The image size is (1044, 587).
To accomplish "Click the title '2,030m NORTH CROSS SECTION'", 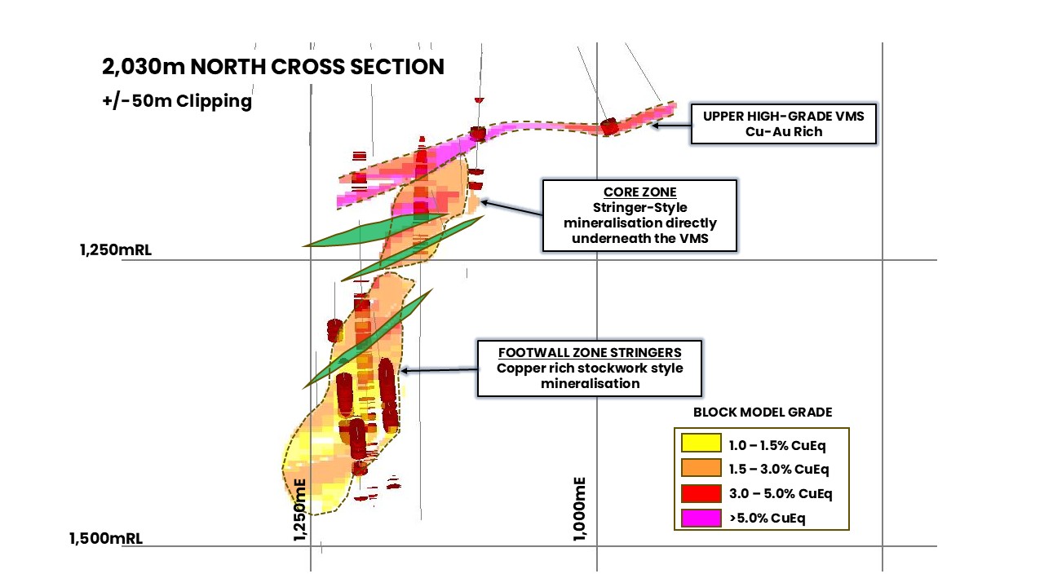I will tap(273, 67).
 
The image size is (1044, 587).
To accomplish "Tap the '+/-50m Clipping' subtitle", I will tap(176, 102).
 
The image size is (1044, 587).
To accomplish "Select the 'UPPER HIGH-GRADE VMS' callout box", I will tap(783, 124).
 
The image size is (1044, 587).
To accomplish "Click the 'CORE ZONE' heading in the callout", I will tap(640, 192).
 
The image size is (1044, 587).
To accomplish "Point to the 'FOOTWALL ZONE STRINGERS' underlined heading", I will tap(589, 352).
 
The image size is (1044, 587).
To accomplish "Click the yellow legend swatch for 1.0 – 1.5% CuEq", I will tap(701, 444).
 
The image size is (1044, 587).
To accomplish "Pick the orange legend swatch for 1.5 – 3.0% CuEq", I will tap(701, 468).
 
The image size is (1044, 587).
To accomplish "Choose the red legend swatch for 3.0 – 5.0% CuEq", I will tap(701, 492).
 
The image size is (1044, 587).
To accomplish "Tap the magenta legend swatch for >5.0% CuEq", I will tap(701, 517).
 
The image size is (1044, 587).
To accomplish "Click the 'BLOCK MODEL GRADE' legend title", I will tap(763, 413).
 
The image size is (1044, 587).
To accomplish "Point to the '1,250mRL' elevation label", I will tap(115, 250).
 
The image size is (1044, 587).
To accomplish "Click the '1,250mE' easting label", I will tap(299, 508).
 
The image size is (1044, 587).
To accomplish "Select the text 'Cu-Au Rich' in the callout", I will tap(783, 132).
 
